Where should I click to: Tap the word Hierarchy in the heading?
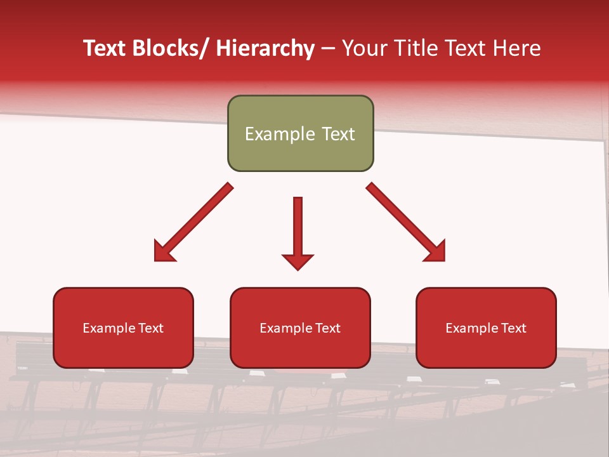coord(265,48)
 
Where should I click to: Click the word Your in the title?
coord(364,48)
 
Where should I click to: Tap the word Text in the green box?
coord(337,134)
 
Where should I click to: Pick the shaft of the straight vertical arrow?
coord(298,225)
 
